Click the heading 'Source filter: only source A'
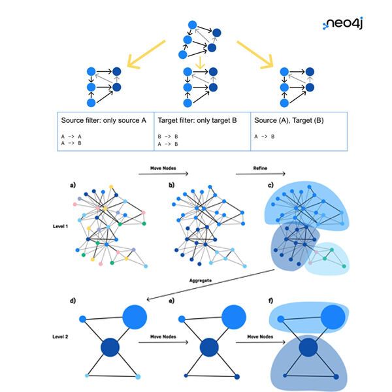coord(104,121)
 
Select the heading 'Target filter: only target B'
coord(199,121)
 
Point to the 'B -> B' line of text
coord(168,137)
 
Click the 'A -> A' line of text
coord(72,137)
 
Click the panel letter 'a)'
coord(73,186)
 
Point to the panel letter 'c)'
coord(269,186)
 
